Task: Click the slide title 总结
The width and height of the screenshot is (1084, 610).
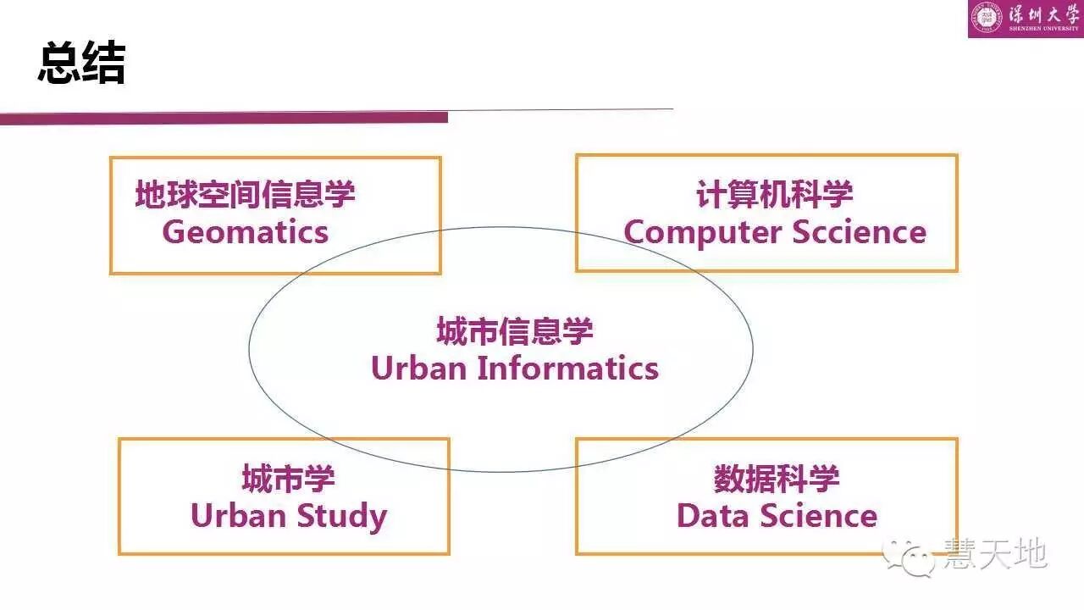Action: point(81,63)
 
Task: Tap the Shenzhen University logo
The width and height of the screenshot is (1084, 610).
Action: point(1026,19)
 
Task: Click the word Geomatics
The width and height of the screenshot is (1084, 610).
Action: point(245,232)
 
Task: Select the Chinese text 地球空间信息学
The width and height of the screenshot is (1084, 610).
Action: point(245,195)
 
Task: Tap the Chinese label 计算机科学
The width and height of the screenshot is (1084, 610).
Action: point(774,195)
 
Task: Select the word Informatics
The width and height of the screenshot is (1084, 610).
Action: point(567,369)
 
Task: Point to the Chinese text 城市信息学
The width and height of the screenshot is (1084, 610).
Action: point(515,331)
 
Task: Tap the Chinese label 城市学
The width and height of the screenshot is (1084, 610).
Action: point(288,480)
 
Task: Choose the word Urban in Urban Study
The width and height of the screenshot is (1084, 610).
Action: point(238,516)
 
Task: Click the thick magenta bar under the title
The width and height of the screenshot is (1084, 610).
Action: point(224,118)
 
